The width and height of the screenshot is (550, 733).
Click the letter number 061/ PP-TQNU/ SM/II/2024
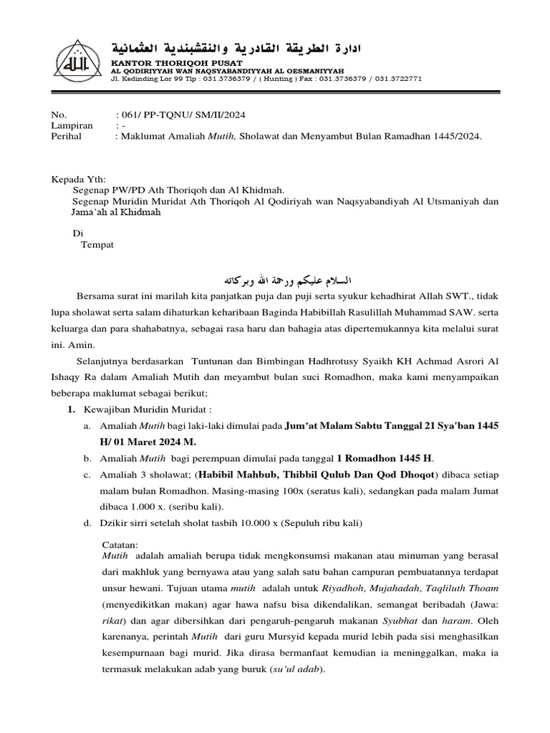pos(184,115)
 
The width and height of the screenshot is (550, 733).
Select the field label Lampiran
pos(71,125)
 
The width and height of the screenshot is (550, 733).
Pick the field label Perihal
pos(67,136)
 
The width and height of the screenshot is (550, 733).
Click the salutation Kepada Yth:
pos(79,179)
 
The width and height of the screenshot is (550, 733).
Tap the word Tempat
pos(97,244)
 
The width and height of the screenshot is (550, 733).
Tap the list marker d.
pos(87,523)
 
